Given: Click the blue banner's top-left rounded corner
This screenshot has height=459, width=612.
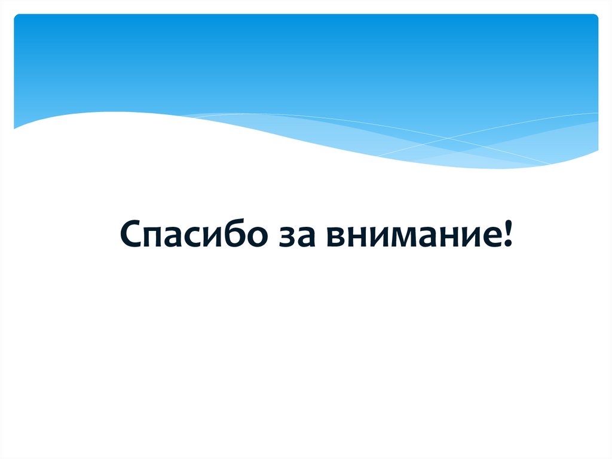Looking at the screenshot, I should tap(17, 17).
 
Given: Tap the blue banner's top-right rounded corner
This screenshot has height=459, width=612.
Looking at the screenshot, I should tap(595, 17).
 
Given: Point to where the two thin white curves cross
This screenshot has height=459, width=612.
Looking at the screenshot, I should tap(447, 139).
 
